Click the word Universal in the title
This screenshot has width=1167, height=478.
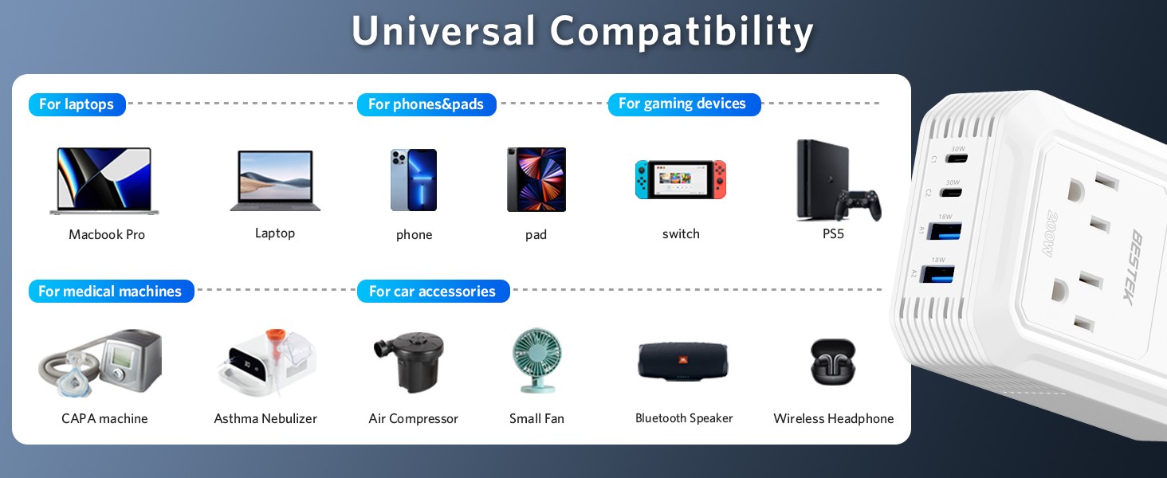443,31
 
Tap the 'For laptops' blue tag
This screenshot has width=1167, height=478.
77,104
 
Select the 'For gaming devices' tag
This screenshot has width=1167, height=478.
684,104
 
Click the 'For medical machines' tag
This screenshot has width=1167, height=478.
111,291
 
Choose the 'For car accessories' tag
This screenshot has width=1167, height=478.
433,291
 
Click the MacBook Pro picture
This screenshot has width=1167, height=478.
104,181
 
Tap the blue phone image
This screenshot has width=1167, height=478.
414,179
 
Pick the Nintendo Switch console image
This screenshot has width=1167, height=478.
681,179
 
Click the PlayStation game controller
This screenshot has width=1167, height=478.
858,206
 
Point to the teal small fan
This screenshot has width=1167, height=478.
536,360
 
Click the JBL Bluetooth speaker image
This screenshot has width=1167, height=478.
682,360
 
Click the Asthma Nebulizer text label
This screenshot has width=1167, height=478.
265,418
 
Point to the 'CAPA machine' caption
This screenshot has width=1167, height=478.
104,418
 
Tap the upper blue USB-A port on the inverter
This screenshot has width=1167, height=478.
945,231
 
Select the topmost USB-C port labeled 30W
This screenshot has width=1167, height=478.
957,159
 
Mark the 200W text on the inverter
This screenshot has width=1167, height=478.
1051,233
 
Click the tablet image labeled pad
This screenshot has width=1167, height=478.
536,179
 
